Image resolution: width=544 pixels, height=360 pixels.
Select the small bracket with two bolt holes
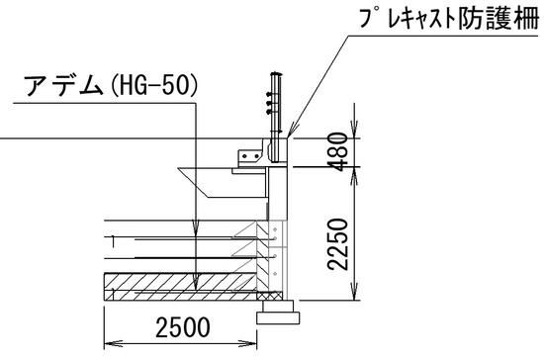[246, 152]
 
